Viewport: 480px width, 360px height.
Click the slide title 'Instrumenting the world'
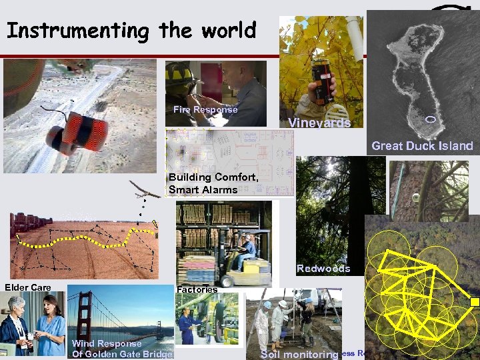[131, 31]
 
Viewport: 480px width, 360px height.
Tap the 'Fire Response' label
[205, 110]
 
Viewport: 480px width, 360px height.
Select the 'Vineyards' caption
[319, 123]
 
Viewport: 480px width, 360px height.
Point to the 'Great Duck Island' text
[422, 145]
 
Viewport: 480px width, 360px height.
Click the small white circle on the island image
[430, 119]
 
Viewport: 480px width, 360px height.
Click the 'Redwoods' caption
[323, 269]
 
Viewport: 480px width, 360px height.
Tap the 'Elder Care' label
[28, 287]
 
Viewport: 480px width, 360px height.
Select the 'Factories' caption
[197, 289]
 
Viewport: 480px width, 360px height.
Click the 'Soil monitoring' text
[299, 355]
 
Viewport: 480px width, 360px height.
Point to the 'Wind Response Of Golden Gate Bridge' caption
[122, 349]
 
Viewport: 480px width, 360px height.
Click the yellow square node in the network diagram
[475, 301]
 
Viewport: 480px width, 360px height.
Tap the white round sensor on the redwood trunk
[415, 198]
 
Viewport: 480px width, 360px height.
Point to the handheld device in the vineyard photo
[321, 80]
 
